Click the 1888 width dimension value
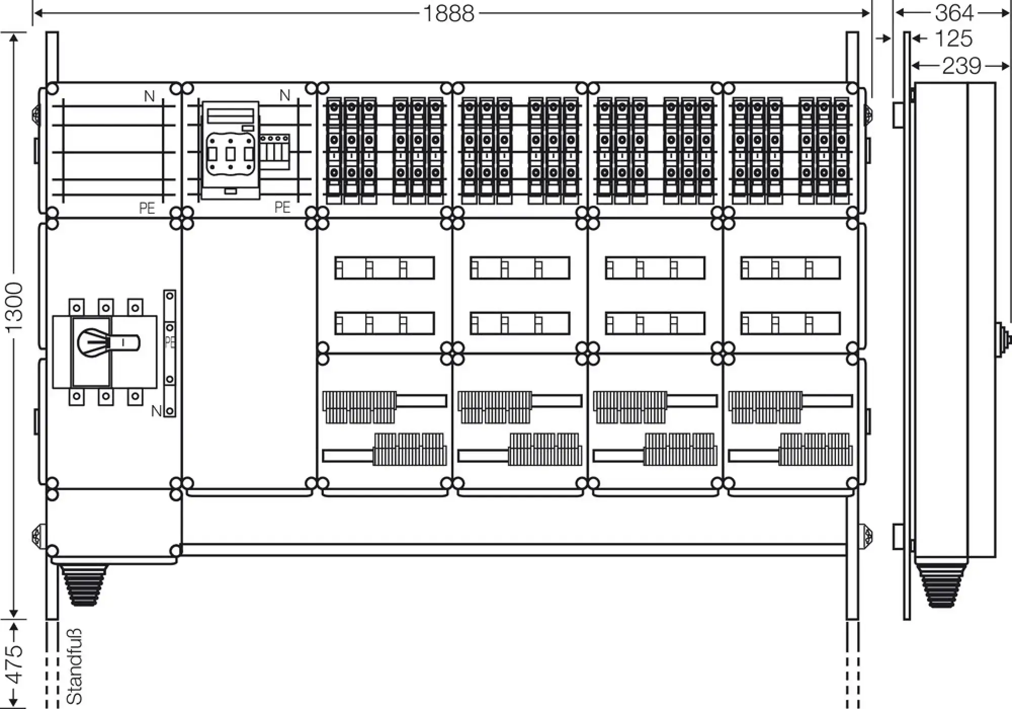pos(448,14)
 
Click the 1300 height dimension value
pos(16,307)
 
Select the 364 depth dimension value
pos(954,13)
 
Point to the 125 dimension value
pos(953,38)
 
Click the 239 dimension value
pos(961,66)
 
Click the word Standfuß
pos(74,666)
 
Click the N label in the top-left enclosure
pos(149,96)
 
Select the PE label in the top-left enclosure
pos(147,208)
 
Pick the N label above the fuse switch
pos(285,95)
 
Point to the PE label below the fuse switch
pos(282,207)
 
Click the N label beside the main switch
pos(156,411)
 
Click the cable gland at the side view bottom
pos(941,585)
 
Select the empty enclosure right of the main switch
pos(249,354)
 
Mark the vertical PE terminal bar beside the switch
pos(170,353)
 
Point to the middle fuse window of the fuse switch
pos(230,153)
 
